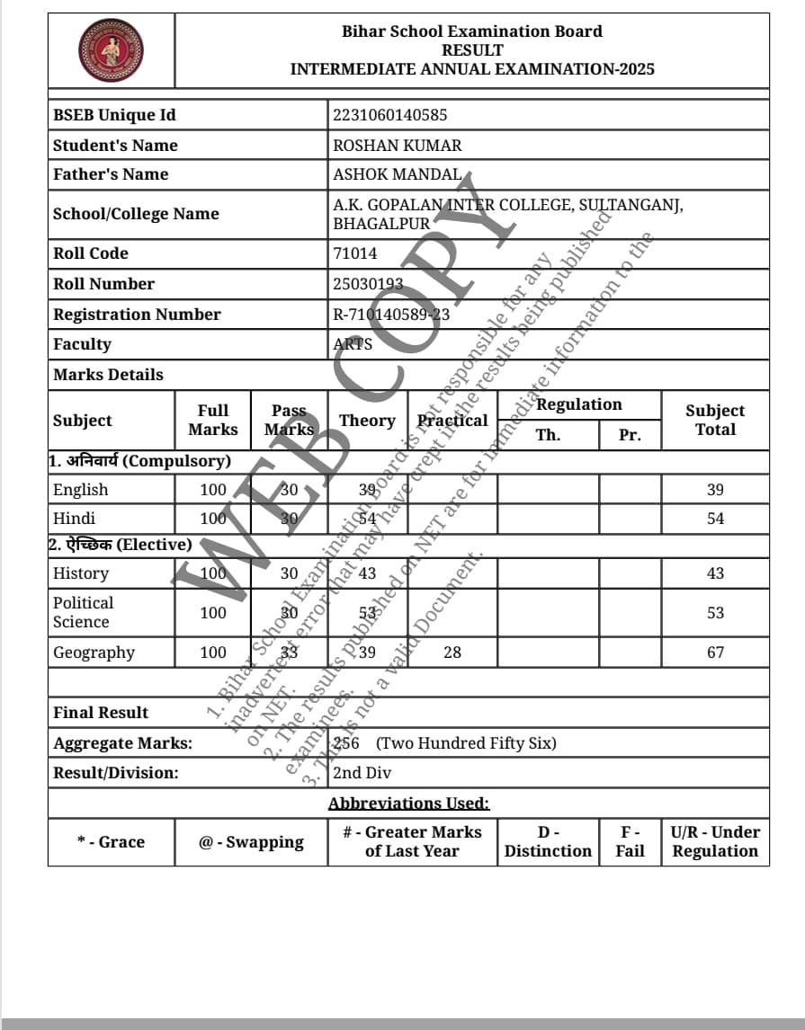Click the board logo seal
(x=111, y=50)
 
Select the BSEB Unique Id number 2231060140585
(x=389, y=115)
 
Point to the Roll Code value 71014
(x=355, y=253)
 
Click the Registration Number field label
(x=137, y=315)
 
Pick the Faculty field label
(x=82, y=344)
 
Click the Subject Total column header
(x=715, y=420)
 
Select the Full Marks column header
(x=213, y=420)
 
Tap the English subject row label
(x=80, y=490)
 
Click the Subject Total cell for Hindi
(x=715, y=519)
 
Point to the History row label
(x=80, y=573)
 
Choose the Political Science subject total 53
(x=715, y=613)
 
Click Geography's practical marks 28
(x=452, y=653)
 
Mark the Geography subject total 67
(x=715, y=653)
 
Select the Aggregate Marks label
(x=122, y=743)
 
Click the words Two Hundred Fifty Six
(x=466, y=743)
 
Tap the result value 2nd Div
(x=362, y=773)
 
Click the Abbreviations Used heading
(x=408, y=804)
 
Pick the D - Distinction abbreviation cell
(x=548, y=842)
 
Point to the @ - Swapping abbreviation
(x=251, y=842)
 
